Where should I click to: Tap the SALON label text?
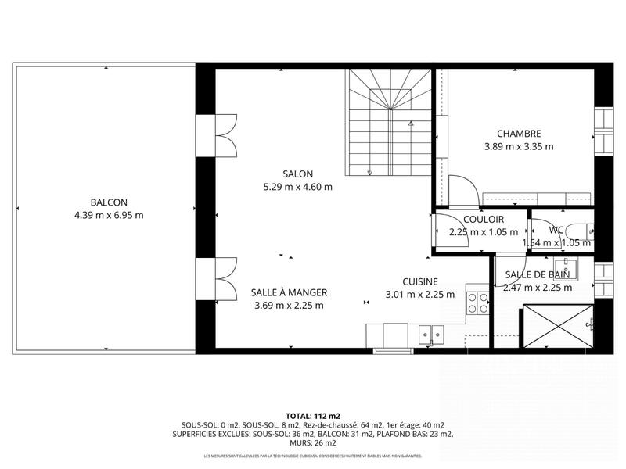[x=298, y=174]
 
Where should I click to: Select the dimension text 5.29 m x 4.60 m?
[x=298, y=187]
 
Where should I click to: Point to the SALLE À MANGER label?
[x=289, y=292]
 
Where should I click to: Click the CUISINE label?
[x=419, y=281]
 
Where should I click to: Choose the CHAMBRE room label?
[x=518, y=134]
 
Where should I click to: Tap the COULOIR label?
[x=483, y=220]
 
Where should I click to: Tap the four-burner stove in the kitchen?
[x=477, y=303]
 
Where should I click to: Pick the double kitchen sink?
[x=430, y=335]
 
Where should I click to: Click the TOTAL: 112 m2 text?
[x=313, y=417]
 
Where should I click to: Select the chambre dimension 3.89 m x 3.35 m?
[x=518, y=146]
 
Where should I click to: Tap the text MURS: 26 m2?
[x=313, y=442]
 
